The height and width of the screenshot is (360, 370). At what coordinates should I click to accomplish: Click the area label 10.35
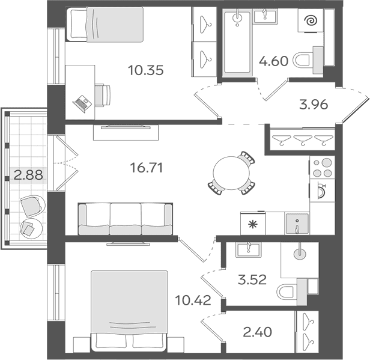click(145, 70)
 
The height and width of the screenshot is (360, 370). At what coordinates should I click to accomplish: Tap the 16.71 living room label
click(147, 168)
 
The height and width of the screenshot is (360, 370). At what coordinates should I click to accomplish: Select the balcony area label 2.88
click(28, 175)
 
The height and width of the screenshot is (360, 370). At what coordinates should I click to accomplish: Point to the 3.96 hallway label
click(314, 105)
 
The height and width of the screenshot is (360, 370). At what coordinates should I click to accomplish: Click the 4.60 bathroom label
click(273, 61)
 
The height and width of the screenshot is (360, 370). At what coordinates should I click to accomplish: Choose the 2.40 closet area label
click(258, 332)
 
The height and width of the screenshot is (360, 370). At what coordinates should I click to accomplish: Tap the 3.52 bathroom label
click(252, 279)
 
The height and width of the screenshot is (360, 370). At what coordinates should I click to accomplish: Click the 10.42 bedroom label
click(193, 301)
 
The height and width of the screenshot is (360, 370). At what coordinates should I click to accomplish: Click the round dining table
click(231, 173)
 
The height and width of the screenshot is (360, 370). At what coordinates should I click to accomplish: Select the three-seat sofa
click(126, 219)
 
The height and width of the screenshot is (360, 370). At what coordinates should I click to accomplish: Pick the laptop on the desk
click(82, 104)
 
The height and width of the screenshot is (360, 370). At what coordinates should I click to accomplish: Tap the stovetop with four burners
click(322, 167)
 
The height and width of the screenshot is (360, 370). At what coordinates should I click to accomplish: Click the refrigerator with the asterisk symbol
click(253, 224)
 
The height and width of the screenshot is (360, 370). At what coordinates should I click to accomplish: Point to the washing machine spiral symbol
click(311, 20)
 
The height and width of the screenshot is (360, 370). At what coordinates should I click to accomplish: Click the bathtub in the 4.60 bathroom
click(237, 42)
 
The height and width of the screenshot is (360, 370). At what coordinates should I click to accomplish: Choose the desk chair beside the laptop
click(103, 96)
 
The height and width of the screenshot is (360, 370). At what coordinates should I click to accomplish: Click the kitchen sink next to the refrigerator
click(297, 224)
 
